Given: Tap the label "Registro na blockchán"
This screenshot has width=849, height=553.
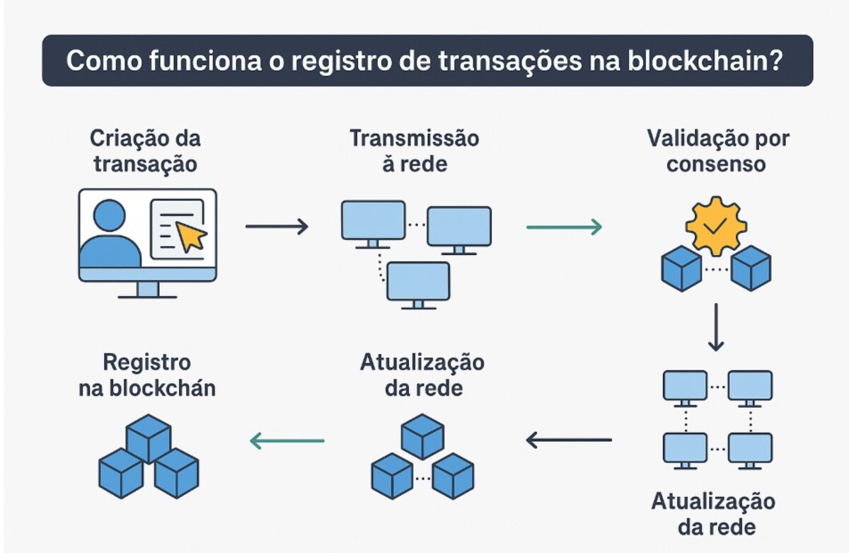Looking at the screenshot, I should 146,376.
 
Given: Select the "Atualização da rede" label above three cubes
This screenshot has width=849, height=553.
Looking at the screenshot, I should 422,376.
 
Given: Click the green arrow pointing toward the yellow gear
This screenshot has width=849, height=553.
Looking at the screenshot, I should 564,227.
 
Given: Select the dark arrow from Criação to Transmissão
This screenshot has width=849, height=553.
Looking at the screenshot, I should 277,227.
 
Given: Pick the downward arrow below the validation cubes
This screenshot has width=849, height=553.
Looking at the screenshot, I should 716,327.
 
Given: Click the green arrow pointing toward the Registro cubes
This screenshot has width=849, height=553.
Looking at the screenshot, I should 287,442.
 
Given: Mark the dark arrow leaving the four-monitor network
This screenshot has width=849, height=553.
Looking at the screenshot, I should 569,440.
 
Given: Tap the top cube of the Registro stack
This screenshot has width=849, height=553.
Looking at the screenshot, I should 149,437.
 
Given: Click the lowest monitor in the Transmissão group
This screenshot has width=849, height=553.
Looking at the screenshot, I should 418,282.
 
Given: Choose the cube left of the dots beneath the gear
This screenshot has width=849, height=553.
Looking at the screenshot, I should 681,268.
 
